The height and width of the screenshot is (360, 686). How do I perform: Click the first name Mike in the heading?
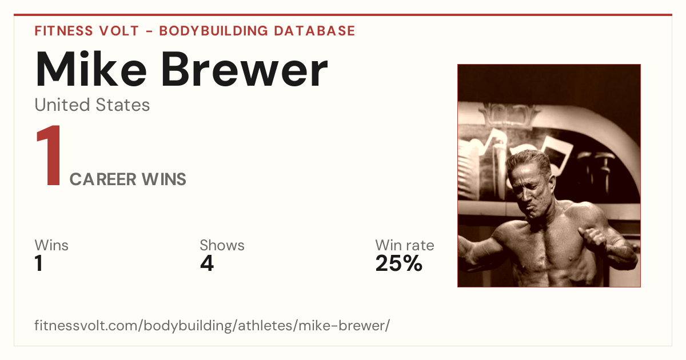91,69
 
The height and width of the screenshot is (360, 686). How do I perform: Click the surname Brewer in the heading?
245,69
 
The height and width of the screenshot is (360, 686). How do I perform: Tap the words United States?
92,105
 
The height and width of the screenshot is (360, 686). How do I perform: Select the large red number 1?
49,155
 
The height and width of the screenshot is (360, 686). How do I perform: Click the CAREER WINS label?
127,179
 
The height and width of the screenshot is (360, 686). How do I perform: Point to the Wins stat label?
51,245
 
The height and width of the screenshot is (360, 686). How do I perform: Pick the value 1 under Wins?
39,263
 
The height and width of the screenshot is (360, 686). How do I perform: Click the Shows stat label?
222,245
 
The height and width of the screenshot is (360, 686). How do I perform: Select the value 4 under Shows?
207,263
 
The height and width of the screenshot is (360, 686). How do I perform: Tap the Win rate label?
405,245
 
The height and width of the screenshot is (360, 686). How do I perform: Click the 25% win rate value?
399,263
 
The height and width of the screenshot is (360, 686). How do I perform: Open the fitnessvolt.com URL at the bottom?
212,325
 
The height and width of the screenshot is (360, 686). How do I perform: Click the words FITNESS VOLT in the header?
87,31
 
